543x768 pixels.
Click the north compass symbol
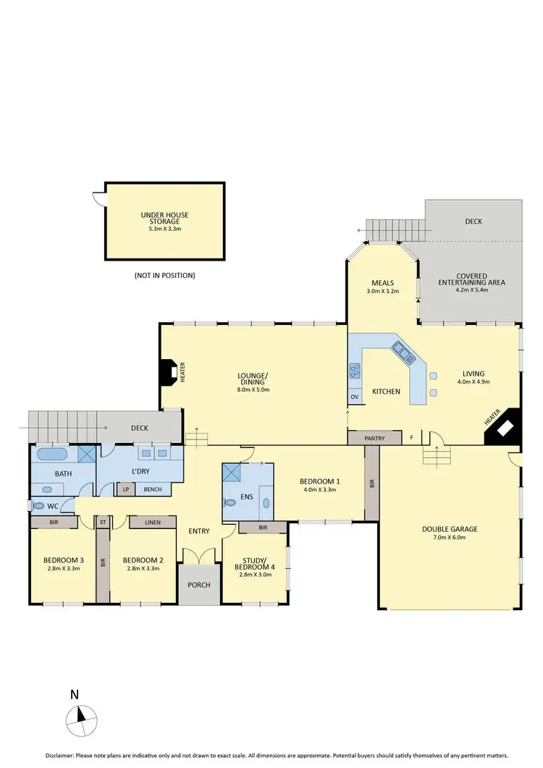click(80, 717)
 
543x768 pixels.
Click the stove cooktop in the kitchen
click(355, 371)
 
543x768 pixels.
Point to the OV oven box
click(354, 397)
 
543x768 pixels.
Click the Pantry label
click(374, 438)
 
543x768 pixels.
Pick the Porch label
click(198, 584)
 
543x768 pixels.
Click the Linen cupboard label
click(152, 522)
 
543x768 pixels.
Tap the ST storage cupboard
click(103, 522)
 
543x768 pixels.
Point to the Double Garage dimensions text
click(449, 538)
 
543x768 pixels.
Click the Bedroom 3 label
click(62, 560)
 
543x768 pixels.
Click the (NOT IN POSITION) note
click(164, 275)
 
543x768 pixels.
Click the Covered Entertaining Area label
click(471, 279)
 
